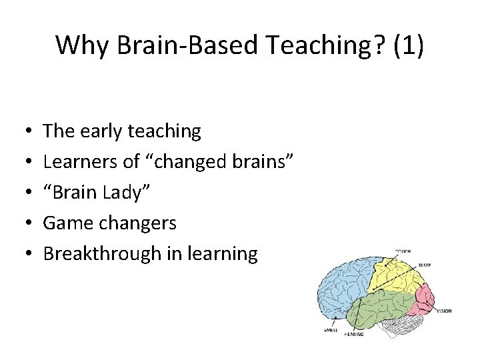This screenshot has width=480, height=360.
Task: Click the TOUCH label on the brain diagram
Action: click(403, 251)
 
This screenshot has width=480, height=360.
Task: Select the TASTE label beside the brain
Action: click(424, 265)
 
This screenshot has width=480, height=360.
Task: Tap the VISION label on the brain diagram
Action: click(444, 311)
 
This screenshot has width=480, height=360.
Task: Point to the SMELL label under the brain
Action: click(331, 329)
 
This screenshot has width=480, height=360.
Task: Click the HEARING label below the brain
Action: click(354, 335)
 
